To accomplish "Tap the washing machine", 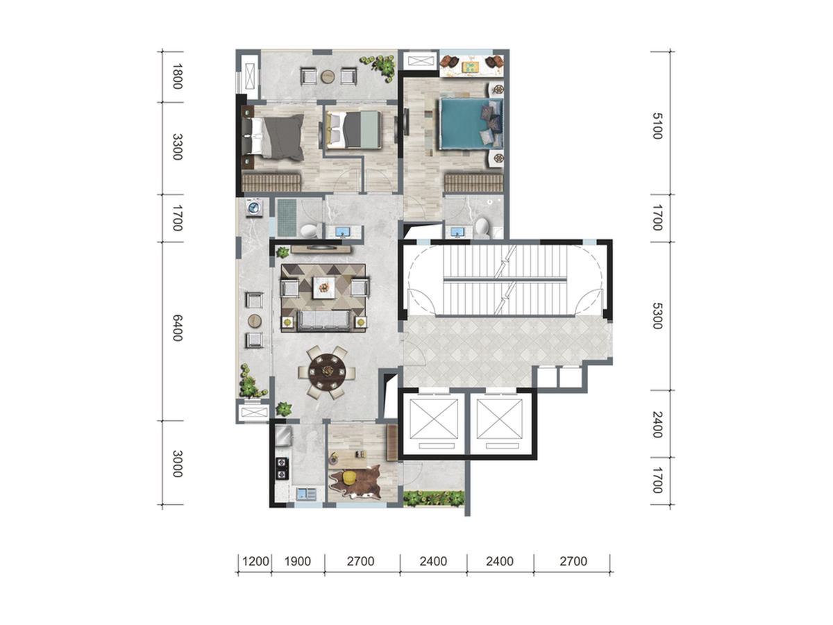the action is pos(254,208).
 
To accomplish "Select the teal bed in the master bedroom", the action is pos(471,124).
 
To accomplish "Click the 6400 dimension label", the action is pos(178,328).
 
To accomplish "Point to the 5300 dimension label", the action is pos(657,316).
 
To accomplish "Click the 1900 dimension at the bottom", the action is pos(298,561).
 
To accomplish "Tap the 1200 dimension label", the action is pos(255,561).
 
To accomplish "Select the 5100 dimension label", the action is pos(657,126).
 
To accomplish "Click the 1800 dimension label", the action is pos(178,76).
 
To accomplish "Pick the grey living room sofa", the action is pos(324,321).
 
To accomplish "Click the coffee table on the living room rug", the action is pos(323,287).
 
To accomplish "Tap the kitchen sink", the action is pos(306,493).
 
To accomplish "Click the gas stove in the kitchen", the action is pos(282,468).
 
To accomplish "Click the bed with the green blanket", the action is pos(353,129).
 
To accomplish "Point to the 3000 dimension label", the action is pos(178,463).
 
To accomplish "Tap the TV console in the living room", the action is pos(321,249).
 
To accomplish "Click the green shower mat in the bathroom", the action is pos(287,218).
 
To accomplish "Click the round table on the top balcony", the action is pos(328,76).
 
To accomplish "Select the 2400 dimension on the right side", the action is pos(657,424).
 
